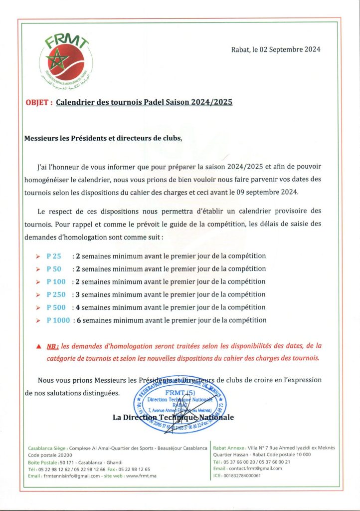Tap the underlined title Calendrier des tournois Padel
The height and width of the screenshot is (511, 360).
(144, 103)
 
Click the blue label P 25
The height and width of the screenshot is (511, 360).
(54, 256)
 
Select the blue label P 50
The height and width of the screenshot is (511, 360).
(54, 269)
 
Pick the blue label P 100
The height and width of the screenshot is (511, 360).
(56, 282)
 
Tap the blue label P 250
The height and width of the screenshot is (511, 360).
(56, 294)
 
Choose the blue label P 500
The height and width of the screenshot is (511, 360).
(56, 307)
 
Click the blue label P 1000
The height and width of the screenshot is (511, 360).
(58, 320)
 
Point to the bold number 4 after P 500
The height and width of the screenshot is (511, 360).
(78, 307)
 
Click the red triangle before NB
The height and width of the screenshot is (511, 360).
(39, 345)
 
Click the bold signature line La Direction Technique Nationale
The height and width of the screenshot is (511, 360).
(173, 417)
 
